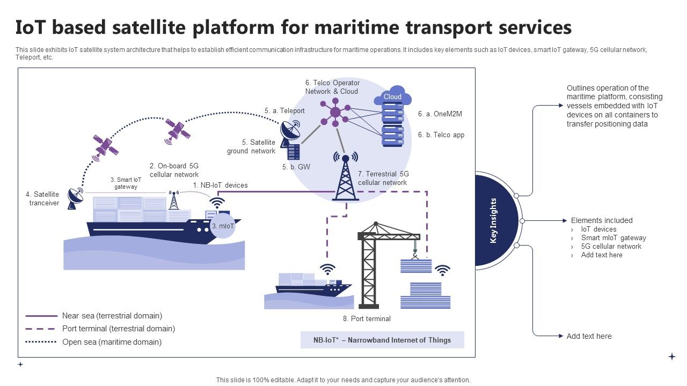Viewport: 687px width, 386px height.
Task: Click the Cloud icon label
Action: (x=392, y=97)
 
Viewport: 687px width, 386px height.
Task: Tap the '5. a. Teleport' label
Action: (x=284, y=111)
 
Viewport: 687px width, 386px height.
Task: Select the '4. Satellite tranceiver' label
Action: (x=42, y=199)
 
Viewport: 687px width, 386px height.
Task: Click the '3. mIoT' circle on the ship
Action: (x=222, y=226)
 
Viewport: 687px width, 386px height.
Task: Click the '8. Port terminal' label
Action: (x=367, y=319)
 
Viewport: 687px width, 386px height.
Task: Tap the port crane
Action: (x=376, y=263)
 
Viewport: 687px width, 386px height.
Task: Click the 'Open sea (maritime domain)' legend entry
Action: (x=112, y=342)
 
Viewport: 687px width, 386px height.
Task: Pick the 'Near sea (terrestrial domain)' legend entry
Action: (x=112, y=316)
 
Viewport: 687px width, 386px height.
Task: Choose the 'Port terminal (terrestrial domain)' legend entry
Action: (x=118, y=329)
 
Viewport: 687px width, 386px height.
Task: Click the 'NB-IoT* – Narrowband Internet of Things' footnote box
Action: (x=382, y=340)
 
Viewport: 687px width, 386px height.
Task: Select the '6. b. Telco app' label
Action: (x=441, y=135)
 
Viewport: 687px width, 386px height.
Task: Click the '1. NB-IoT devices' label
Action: (x=220, y=185)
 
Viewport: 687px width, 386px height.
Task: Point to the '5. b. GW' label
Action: (x=296, y=167)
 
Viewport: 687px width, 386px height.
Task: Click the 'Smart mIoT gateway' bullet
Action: (x=613, y=238)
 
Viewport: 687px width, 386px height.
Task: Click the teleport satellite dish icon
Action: (x=290, y=130)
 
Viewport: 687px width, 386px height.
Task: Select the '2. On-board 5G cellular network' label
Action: (x=174, y=170)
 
